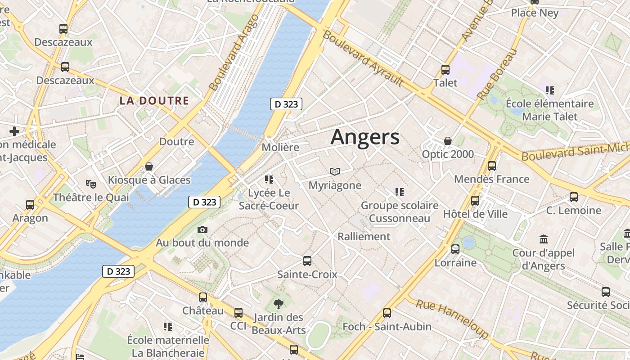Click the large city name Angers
click(x=364, y=137)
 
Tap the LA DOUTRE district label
click(x=154, y=100)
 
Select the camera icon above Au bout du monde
click(x=202, y=230)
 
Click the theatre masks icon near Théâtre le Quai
click(x=91, y=184)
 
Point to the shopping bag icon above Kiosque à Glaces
click(x=149, y=167)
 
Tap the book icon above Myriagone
click(x=334, y=171)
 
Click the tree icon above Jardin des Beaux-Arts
click(x=279, y=304)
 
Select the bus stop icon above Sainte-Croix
click(x=307, y=261)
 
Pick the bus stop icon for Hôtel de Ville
click(x=475, y=201)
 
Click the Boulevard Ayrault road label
click(x=363, y=58)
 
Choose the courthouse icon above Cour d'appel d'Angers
click(x=543, y=239)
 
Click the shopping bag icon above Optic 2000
click(x=448, y=141)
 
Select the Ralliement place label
click(x=364, y=236)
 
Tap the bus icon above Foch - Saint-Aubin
click(x=387, y=313)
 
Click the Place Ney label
click(x=535, y=13)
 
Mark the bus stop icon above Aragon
click(x=30, y=205)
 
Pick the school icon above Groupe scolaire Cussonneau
click(x=399, y=192)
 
